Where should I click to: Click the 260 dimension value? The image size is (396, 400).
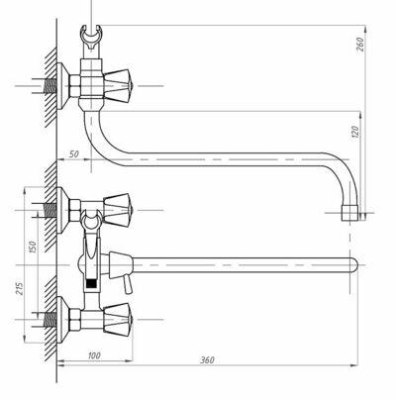click(x=360, y=45)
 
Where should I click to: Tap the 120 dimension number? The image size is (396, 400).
click(x=355, y=132)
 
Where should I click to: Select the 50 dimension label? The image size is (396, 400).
click(x=74, y=154)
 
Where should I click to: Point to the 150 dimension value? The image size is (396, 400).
click(x=33, y=247)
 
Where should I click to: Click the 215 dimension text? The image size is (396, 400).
click(x=20, y=289)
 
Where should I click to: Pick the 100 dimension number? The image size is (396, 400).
click(x=94, y=355)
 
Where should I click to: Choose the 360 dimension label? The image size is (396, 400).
click(x=207, y=359)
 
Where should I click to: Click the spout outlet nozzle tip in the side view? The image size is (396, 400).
click(x=349, y=213)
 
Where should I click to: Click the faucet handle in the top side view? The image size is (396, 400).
click(x=117, y=85)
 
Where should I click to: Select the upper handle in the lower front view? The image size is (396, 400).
click(x=117, y=210)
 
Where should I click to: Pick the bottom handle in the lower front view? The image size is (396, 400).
click(x=117, y=319)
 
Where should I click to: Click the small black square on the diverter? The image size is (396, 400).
click(x=91, y=283)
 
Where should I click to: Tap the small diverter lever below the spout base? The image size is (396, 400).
click(x=128, y=285)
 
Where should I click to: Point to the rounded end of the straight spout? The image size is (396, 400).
click(x=353, y=265)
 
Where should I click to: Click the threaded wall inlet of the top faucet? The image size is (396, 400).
click(x=49, y=86)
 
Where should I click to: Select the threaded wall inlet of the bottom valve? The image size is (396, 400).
click(x=49, y=320)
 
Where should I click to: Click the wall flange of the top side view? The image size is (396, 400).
click(x=62, y=85)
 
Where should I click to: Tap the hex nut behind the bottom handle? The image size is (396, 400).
click(x=75, y=319)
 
